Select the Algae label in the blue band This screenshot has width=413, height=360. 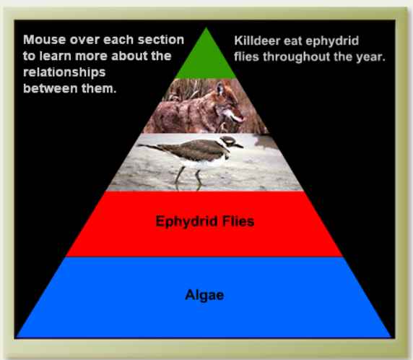[204, 295]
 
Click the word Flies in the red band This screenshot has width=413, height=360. [238, 221]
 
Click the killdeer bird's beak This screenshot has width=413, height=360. [240, 145]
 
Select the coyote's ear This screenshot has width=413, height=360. [220, 88]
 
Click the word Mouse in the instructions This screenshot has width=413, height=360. [45, 40]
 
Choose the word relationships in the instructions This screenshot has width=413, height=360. [64, 72]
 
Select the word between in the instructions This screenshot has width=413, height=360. [50, 88]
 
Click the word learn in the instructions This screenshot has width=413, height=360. [56, 56]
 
